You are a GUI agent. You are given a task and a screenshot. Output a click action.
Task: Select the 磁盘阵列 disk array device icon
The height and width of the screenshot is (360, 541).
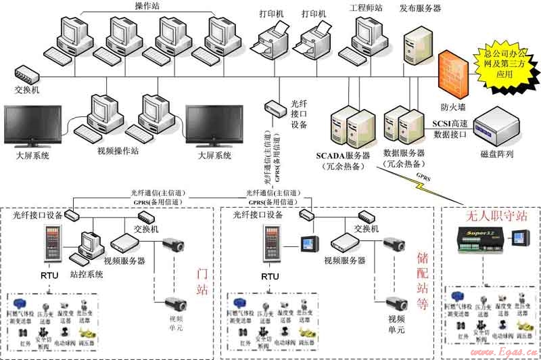(x=497, y=125)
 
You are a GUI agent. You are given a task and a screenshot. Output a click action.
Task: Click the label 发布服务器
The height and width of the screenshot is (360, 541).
(x=420, y=9)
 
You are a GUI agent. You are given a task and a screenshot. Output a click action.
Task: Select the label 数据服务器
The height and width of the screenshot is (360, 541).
(x=403, y=154)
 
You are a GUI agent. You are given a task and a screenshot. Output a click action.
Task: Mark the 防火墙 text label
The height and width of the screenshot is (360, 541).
(x=452, y=107)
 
